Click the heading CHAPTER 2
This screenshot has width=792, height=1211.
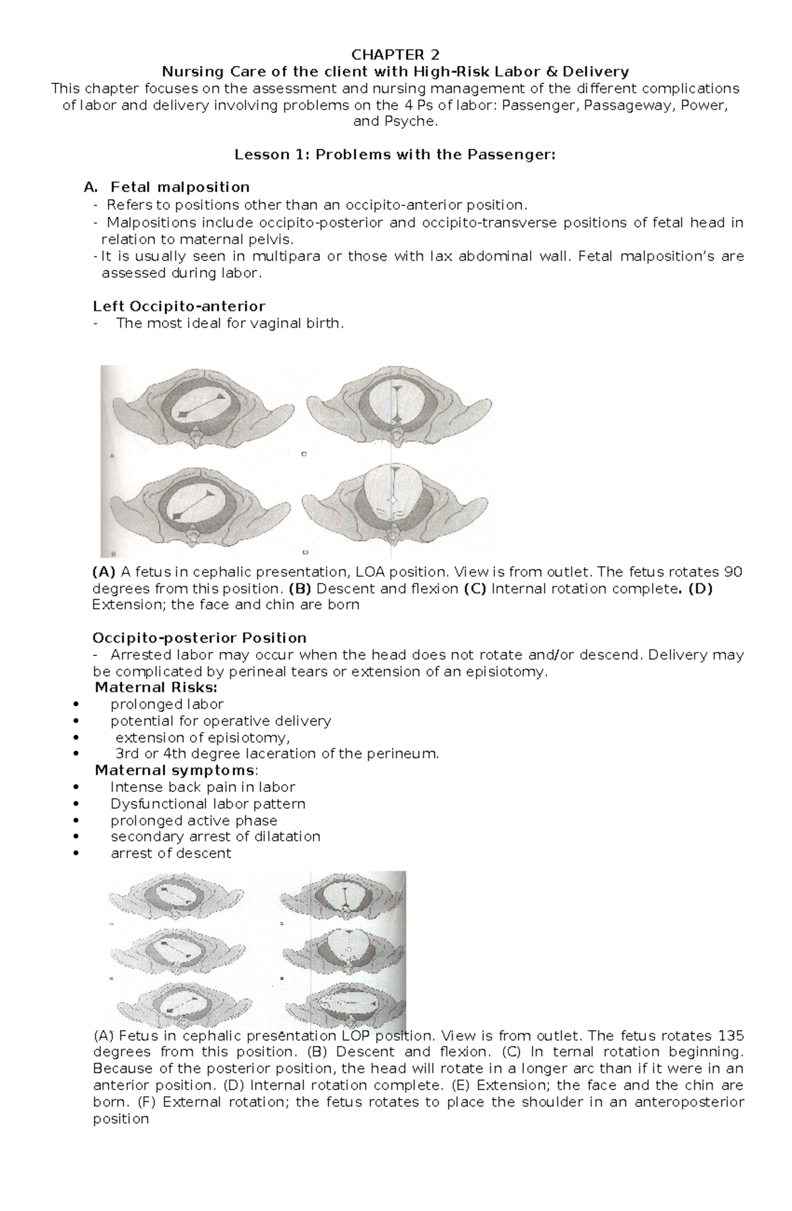tap(395, 54)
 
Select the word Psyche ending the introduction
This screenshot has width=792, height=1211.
tap(415, 121)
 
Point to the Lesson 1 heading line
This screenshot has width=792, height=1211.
tap(395, 155)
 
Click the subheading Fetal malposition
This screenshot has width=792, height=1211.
tap(180, 187)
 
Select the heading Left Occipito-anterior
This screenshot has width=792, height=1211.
tap(179, 306)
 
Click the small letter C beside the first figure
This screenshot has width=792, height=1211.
tap(305, 455)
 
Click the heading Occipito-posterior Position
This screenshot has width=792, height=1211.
tap(199, 638)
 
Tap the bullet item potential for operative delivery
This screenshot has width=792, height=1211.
tap(220, 721)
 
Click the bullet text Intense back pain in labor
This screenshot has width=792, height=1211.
tap(203, 787)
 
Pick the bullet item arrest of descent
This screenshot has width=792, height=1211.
tap(171, 853)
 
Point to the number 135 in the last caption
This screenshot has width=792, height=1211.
tap(731, 1035)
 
